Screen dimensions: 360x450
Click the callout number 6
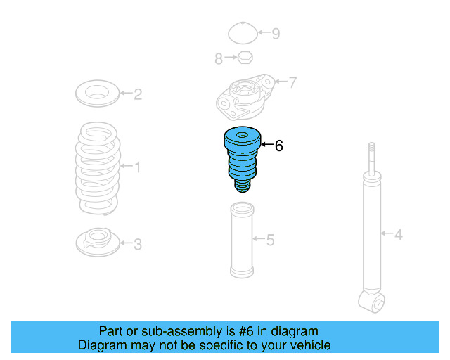point(278,146)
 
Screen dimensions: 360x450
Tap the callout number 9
point(276,33)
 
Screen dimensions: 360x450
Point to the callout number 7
point(292,83)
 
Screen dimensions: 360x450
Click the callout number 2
point(138,94)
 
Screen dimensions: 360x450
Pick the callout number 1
point(138,167)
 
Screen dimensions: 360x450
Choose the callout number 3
point(138,244)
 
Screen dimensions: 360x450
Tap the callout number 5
point(270,240)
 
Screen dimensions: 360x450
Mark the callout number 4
point(398,234)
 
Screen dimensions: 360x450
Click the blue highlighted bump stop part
point(241,158)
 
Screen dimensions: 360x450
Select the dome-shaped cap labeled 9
point(243,33)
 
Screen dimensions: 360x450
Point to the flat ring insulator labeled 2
point(96,93)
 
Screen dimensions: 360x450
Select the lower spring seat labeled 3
point(97,243)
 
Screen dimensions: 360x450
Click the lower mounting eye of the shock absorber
point(372,303)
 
